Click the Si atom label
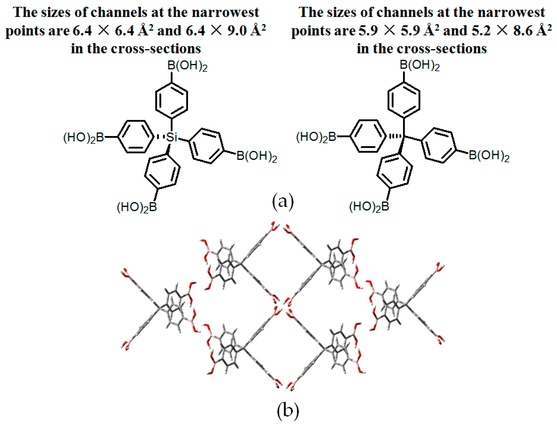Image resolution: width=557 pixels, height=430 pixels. (x=171, y=137)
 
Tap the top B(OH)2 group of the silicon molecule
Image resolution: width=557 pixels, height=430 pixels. (x=188, y=66)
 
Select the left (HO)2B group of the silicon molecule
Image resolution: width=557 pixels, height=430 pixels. (x=84, y=138)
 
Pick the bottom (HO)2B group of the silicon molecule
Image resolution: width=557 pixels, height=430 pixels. (x=137, y=207)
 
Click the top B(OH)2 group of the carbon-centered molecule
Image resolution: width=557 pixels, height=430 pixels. (x=420, y=65)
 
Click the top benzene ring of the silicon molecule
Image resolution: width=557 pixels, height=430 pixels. (x=172, y=100)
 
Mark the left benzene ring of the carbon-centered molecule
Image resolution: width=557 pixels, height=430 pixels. (x=368, y=136)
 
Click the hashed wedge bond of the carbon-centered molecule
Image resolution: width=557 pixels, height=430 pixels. (x=396, y=137)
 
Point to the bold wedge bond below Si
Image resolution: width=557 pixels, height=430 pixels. (x=168, y=149)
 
